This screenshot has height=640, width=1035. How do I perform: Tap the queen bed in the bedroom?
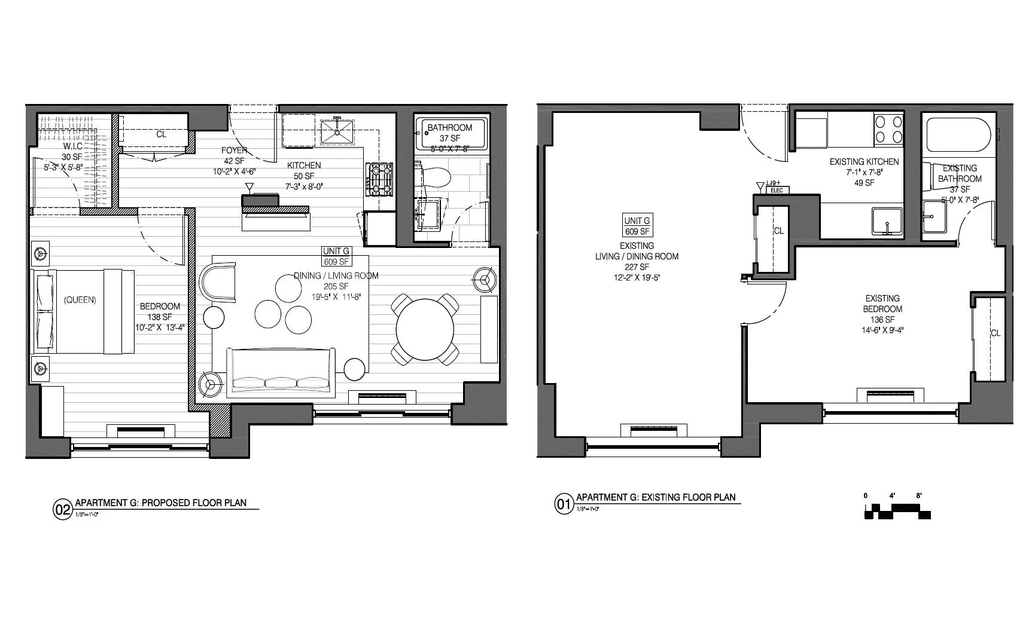coord(84,311)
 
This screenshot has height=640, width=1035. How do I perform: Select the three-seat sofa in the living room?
coord(280,374)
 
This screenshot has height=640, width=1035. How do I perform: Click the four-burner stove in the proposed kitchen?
coord(379,179)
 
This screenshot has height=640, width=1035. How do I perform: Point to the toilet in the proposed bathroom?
coord(436,177)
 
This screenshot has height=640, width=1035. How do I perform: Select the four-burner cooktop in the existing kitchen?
coord(888,129)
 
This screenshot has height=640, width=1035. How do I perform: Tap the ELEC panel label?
coord(777,191)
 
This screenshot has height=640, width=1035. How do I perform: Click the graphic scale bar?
coord(897,511)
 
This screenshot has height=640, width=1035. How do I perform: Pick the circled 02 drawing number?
coord(63,510)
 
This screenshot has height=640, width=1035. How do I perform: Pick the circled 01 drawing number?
coord(564,505)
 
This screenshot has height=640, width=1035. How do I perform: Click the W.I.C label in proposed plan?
coord(72,146)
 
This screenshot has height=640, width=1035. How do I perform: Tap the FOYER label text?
coord(234,151)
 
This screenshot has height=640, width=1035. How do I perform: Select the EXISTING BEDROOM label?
coord(882,304)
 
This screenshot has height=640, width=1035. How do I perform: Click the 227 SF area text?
coord(637,267)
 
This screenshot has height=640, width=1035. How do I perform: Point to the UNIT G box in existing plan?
coord(637,226)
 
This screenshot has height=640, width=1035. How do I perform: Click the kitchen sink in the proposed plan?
coord(337,133)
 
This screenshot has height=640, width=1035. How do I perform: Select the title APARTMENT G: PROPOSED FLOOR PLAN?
coord(160,503)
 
